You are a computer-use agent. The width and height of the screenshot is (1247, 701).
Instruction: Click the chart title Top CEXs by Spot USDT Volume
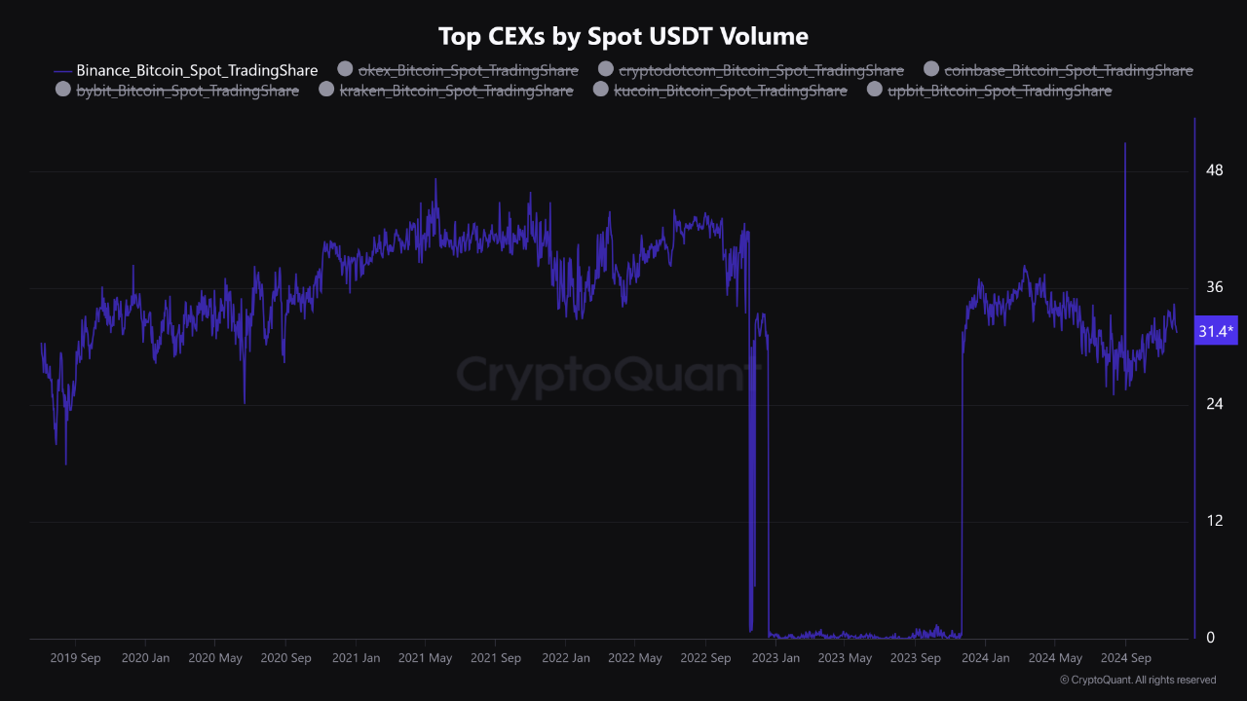click(x=623, y=37)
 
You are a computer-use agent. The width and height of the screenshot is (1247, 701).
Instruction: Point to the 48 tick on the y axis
click(x=1214, y=170)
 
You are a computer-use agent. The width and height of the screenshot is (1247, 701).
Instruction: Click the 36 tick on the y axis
click(x=1214, y=287)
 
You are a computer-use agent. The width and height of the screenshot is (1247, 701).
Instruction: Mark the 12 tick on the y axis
click(x=1214, y=521)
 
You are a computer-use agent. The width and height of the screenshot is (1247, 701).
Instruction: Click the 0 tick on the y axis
click(x=1211, y=638)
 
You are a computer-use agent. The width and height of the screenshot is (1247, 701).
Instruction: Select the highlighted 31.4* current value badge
click(x=1216, y=331)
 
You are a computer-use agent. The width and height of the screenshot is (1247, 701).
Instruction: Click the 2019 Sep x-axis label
click(x=75, y=658)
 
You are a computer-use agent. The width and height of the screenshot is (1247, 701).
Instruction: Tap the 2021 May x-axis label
click(x=425, y=658)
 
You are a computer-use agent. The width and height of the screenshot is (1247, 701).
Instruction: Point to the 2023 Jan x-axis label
click(x=775, y=658)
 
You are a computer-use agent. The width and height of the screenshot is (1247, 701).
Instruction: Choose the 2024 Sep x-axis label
click(x=1126, y=658)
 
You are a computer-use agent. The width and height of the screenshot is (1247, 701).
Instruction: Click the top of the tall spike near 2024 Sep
click(x=1125, y=143)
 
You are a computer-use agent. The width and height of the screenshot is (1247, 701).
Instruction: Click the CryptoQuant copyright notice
click(x=1138, y=680)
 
